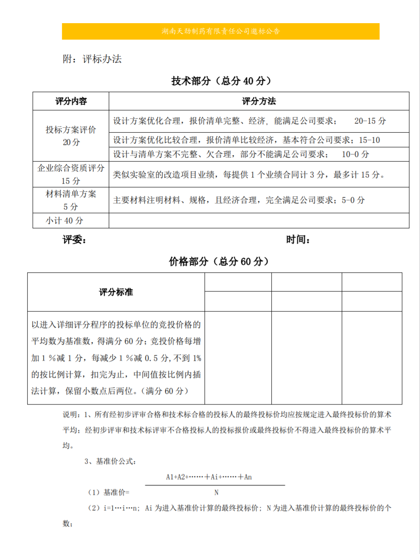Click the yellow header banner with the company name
pyautogui.click(x=220, y=32)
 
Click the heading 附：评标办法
pyautogui.click(x=92, y=59)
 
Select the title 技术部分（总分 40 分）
pyautogui.click(x=221, y=81)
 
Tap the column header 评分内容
pyautogui.click(x=71, y=101)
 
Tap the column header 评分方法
pyautogui.click(x=259, y=101)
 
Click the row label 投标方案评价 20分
pyautogui.click(x=71, y=136)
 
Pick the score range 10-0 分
pyautogui.click(x=355, y=154)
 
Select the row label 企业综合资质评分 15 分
pyautogui.click(x=71, y=174)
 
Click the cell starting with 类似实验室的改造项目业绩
pyautogui.click(x=248, y=174)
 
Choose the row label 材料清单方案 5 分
pyautogui.click(x=71, y=200)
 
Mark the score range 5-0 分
pyautogui.click(x=353, y=200)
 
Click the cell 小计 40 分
pyautogui.click(x=65, y=220)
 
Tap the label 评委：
pyautogui.click(x=74, y=240)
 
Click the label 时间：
pyautogui.click(x=298, y=240)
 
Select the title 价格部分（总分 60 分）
pyautogui.click(x=219, y=262)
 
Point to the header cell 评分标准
pyautogui.click(x=116, y=292)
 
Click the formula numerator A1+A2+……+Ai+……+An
pyautogui.click(x=209, y=477)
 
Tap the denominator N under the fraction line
pyautogui.click(x=216, y=493)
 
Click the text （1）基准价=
pyautogui.click(x=109, y=493)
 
